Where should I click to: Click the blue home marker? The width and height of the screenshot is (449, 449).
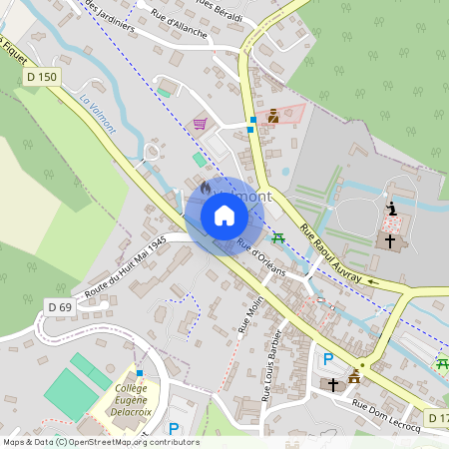tap(224, 215)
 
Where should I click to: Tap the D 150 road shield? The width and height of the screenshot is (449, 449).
tap(43, 77)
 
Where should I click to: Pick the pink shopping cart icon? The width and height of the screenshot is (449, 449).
tap(200, 124)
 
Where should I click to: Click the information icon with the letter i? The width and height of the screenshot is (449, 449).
tap(391, 208)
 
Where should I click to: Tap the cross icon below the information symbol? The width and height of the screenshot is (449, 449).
tap(390, 240)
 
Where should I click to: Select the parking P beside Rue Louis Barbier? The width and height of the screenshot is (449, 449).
tap(328, 358)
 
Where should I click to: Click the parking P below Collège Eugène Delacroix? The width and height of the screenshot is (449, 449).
tap(174, 429)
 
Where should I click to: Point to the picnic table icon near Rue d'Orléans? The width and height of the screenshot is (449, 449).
tap(278, 236)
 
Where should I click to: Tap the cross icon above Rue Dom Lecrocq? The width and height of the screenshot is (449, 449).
tap(332, 383)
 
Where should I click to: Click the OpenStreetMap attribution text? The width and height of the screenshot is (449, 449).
tap(100, 442)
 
